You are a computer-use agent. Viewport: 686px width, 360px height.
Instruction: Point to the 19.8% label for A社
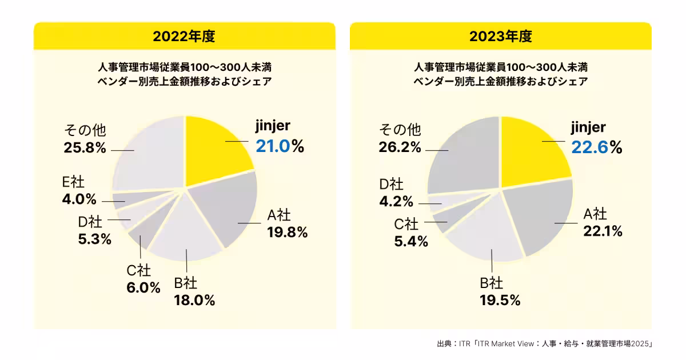[287, 232]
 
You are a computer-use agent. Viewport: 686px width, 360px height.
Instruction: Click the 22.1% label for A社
[603, 231]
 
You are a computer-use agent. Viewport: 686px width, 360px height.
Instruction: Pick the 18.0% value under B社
[194, 300]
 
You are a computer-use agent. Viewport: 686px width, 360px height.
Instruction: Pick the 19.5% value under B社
[500, 300]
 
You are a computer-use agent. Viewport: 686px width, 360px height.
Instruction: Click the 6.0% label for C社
[143, 287]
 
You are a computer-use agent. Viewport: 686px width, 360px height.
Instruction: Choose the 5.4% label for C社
[411, 241]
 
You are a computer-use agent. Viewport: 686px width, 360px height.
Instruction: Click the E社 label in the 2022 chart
[73, 182]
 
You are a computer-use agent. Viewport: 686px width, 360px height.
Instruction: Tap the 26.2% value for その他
[400, 147]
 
